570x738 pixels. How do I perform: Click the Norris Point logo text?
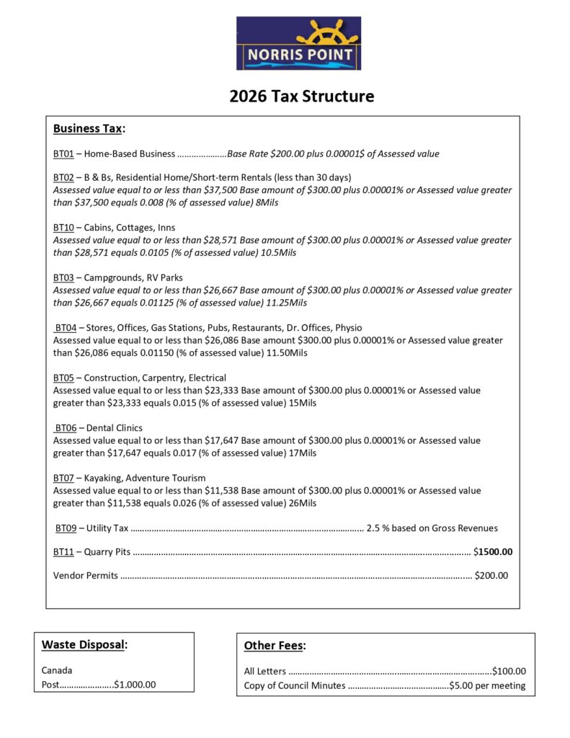300,55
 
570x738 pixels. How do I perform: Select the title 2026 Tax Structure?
302,96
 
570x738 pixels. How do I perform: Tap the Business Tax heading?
88,128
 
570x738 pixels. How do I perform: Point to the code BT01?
63,154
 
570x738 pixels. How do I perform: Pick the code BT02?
63,177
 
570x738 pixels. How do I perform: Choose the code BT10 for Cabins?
63,228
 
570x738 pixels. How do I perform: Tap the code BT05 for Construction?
63,378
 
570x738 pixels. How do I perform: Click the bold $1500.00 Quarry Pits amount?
493,552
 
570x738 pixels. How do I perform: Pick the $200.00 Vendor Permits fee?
491,575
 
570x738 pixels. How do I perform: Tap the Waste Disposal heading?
83,644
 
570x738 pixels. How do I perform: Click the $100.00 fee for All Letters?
509,671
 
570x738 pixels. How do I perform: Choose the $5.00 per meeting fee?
487,685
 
